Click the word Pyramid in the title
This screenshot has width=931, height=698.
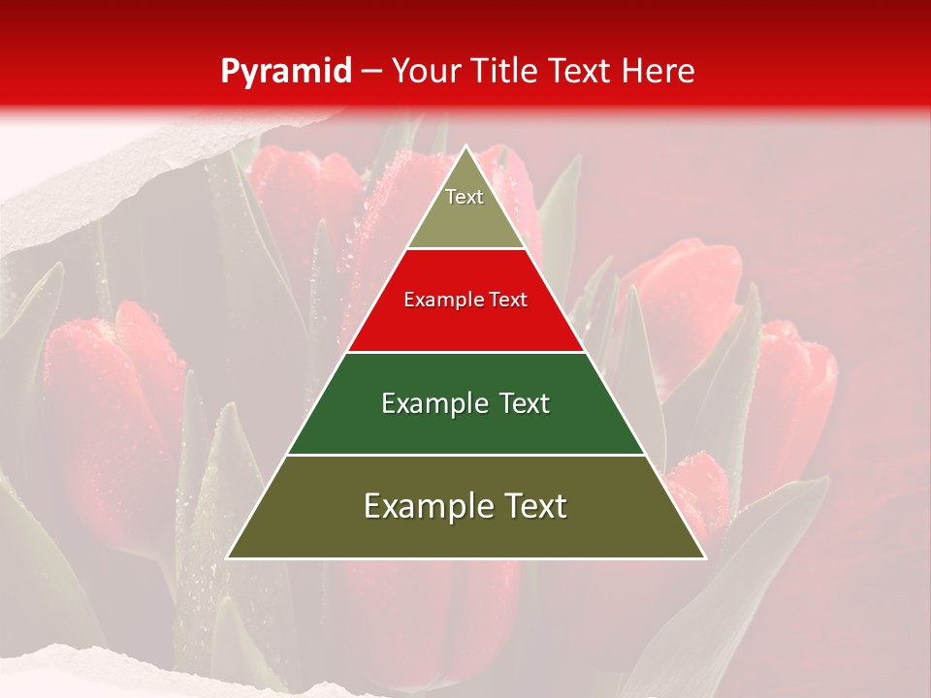(285, 72)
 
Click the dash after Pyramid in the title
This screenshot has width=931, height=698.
(371, 73)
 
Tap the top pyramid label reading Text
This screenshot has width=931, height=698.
(465, 197)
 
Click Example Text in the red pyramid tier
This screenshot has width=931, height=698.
(465, 300)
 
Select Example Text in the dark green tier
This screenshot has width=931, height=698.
(465, 403)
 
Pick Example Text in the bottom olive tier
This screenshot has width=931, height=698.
(465, 506)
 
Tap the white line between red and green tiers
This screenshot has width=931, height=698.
(465, 352)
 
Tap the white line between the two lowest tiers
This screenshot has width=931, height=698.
(465, 455)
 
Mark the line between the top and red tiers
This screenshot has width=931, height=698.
(465, 249)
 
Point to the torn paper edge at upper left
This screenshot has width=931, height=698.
(145, 165)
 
